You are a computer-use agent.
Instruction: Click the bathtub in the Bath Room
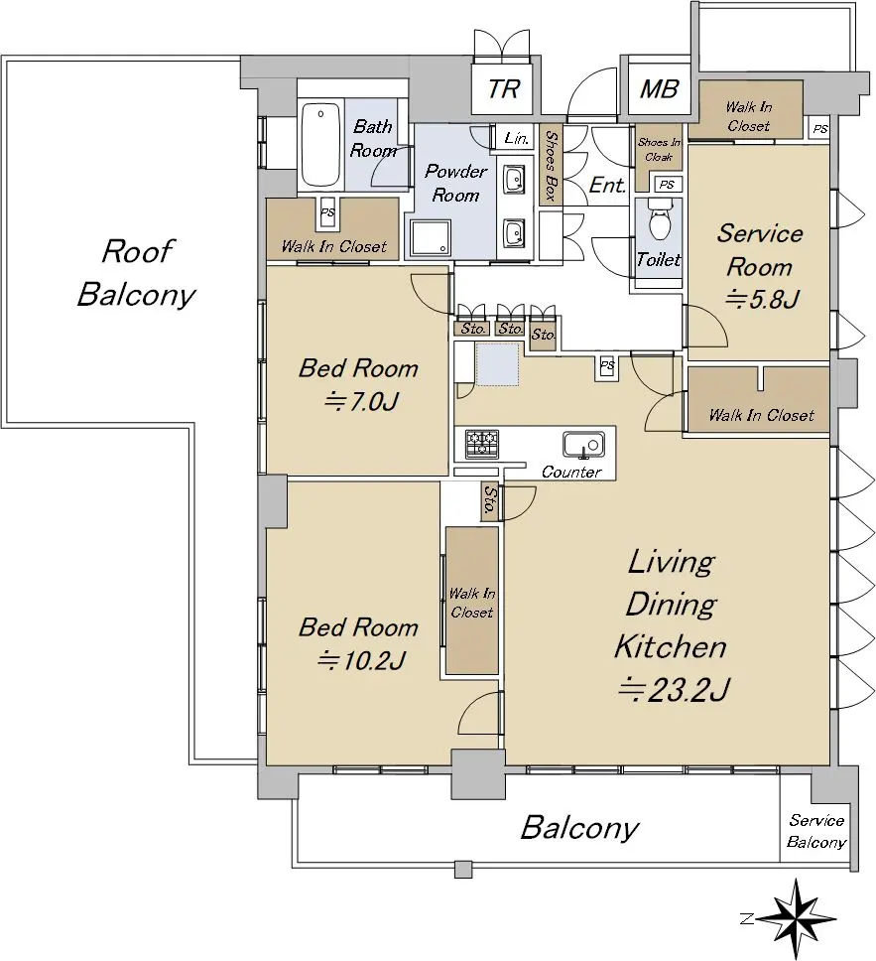pos(321,146)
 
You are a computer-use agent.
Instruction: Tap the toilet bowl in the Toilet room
pos(659,220)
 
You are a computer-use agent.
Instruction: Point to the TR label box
pos(504,88)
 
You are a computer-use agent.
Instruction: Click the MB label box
pos(659,89)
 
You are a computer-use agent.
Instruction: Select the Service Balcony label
pos(816,831)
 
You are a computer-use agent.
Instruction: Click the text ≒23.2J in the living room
pos(674,689)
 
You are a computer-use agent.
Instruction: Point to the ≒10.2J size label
pos(361,660)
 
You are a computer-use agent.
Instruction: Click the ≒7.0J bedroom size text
pos(361,401)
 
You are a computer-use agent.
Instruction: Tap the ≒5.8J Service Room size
pos(762,299)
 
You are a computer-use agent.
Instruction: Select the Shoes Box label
pos(550,166)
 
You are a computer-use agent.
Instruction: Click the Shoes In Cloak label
pos(659,150)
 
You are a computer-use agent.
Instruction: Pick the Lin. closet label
pos(517,139)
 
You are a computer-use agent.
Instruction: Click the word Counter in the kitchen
pos(571,472)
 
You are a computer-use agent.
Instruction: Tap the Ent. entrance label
pos(608,185)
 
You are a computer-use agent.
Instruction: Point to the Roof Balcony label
pos(136,273)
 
